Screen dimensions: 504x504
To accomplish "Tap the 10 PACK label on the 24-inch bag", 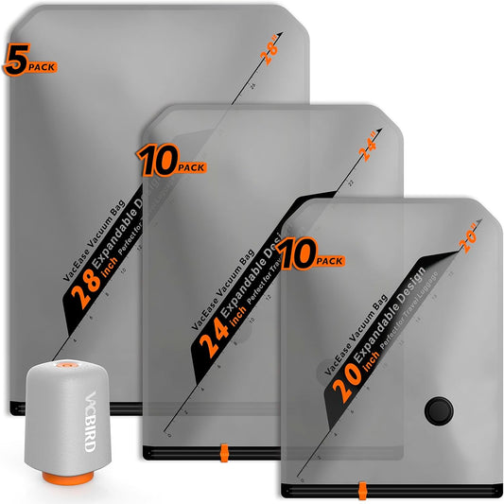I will [x=170, y=163].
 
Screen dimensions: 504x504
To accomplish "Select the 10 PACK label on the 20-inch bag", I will [x=308, y=256].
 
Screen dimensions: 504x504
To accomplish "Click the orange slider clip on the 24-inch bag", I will [x=223, y=450].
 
